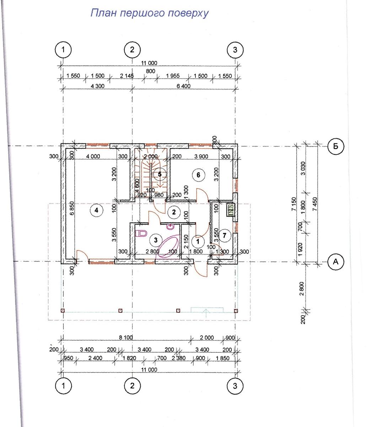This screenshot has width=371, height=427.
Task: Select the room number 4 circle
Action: coord(96,210)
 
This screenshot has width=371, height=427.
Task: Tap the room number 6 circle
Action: coord(198,175)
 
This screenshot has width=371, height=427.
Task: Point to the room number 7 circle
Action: coord(224,236)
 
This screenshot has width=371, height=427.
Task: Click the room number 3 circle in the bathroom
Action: coord(156,240)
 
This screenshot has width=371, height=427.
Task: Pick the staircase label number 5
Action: coord(160,174)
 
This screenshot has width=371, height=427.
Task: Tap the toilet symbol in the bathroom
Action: coord(141,233)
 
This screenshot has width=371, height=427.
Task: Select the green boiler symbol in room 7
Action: coord(231,210)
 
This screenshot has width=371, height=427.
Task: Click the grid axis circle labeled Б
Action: coord(335,146)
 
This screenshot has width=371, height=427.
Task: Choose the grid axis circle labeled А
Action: coord(335,262)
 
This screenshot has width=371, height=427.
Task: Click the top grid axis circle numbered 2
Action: coord(132,50)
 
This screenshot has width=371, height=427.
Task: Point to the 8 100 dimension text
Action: coord(126,337)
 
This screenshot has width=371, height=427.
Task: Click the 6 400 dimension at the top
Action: coord(183,86)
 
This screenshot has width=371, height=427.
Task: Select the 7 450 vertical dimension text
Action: coord(315,204)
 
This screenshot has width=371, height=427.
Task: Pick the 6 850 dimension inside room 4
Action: coord(71,208)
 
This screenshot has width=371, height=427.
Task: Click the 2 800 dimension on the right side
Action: coord(302,289)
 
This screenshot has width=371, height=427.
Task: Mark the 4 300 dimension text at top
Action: coord(97,86)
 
